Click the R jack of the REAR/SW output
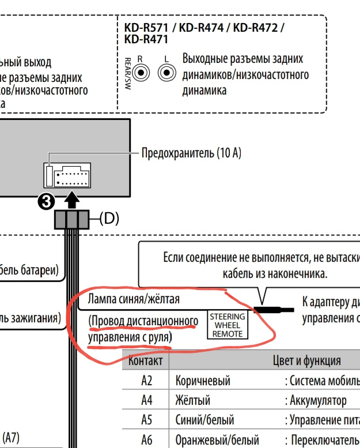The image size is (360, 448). pyautogui.click(x=142, y=73)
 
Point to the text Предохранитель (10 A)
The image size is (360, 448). pyautogui.click(x=191, y=153)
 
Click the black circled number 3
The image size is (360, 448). pyautogui.click(x=46, y=201)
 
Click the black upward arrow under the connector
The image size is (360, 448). pyautogui.click(x=71, y=200)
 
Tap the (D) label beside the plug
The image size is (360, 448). pyautogui.click(x=109, y=219)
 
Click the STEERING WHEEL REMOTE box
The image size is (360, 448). pyautogui.click(x=227, y=325)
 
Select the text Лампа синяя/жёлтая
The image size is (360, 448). pyautogui.click(x=134, y=299)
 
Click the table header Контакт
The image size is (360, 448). pyautogui.click(x=145, y=361)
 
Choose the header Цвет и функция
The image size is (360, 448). pyautogui.click(x=306, y=361)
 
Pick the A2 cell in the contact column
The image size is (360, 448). pyautogui.click(x=146, y=381)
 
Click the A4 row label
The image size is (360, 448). pyautogui.click(x=146, y=400)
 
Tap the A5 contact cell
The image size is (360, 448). pyautogui.click(x=146, y=420)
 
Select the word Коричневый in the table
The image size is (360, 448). pyautogui.click(x=202, y=381)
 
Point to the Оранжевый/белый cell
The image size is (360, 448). pyautogui.click(x=217, y=439)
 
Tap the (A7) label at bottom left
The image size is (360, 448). pyautogui.click(x=11, y=438)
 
